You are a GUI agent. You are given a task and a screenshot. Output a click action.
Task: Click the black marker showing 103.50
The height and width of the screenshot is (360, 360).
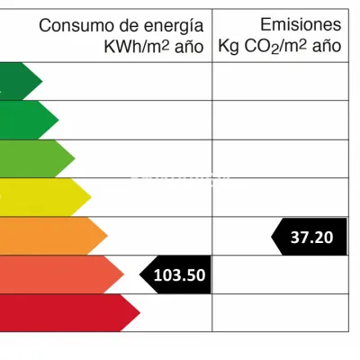(x=175, y=274)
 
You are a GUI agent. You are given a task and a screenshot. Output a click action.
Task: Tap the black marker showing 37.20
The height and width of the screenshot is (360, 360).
(x=309, y=237)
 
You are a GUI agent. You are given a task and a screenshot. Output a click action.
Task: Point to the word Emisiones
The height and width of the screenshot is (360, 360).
(x=301, y=24)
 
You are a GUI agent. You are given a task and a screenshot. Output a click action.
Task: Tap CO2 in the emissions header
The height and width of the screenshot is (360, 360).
(x=262, y=48)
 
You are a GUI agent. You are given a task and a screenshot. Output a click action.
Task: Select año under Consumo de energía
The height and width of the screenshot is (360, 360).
(x=189, y=48)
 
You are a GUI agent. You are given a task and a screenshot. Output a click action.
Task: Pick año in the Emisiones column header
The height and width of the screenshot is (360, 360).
(x=327, y=47)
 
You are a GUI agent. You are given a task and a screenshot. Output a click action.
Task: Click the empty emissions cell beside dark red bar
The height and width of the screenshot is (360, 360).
(x=281, y=312)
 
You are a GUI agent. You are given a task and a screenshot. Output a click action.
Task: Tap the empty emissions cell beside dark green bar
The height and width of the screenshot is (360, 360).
(x=281, y=81)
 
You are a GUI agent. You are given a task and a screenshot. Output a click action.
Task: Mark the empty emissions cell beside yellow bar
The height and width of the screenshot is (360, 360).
(x=281, y=197)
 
